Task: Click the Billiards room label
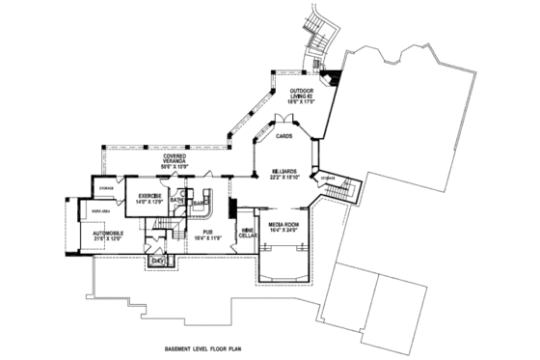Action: tap(283, 170)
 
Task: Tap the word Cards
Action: tap(283, 137)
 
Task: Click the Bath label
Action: tap(177, 201)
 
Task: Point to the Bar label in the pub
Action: tap(203, 204)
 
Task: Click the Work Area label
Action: tap(98, 209)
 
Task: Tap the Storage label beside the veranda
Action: tap(106, 188)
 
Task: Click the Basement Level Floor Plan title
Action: tap(207, 344)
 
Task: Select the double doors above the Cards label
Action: tap(283, 121)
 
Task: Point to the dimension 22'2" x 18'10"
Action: tap(283, 177)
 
